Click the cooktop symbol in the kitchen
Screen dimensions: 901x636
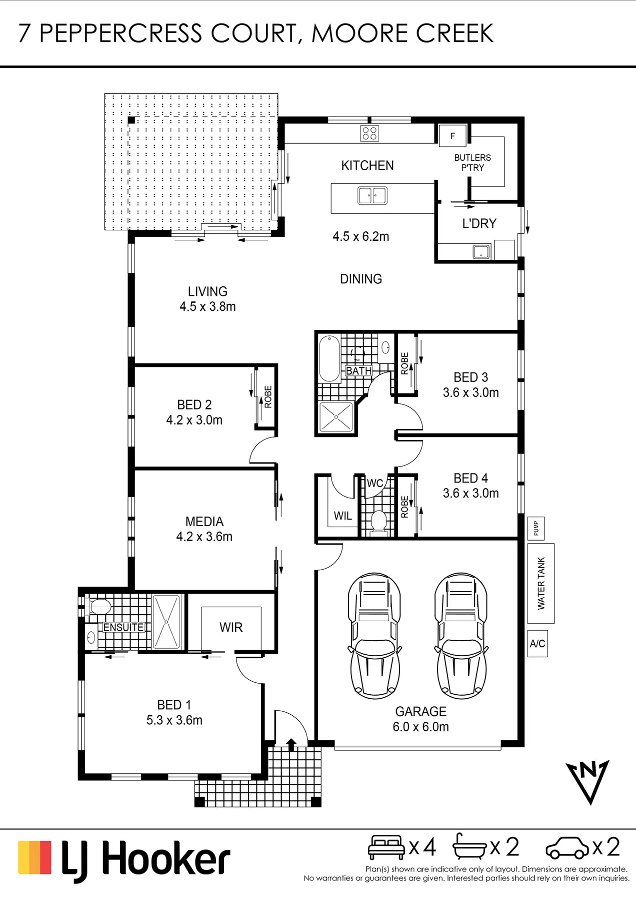[x=369, y=133]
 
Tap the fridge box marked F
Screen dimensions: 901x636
[x=452, y=136]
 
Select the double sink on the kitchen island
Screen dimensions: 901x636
[x=372, y=195]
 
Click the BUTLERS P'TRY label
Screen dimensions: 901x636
[x=472, y=163]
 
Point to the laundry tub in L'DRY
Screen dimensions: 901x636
[x=481, y=251]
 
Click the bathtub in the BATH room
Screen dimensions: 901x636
[x=329, y=359]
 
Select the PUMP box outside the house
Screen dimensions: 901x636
[x=536, y=528]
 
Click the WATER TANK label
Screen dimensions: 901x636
[x=541, y=583]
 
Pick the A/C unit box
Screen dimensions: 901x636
[x=537, y=644]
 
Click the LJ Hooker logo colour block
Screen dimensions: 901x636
[x=34, y=857]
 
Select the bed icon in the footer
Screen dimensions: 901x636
[x=386, y=847]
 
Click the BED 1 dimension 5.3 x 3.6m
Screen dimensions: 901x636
[x=174, y=720]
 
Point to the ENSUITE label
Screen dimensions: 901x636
[x=123, y=627]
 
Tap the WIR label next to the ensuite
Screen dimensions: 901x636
[x=231, y=627]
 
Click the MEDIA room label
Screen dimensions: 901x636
[x=204, y=522]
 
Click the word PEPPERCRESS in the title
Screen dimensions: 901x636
[x=120, y=34]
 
